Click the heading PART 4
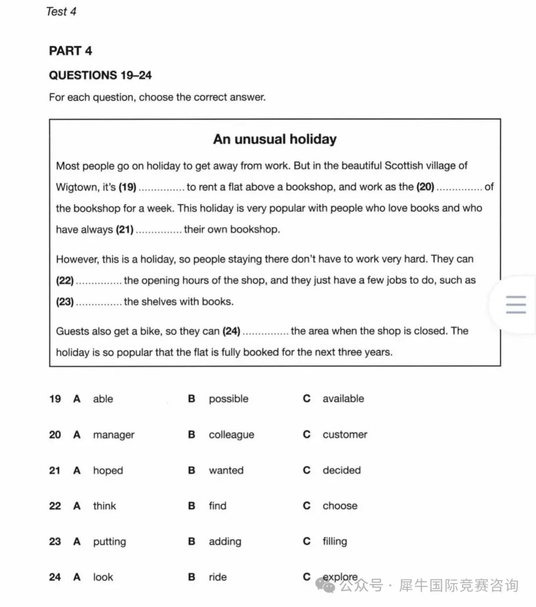pos(70,51)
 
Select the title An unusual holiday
pos(274,139)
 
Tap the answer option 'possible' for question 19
pos(228,399)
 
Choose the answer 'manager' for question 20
pos(113,435)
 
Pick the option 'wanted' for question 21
pos(226,471)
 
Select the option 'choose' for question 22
pos(339,506)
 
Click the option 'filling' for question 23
pos(335,541)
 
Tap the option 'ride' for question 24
pos(217,577)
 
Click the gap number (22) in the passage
pos(65,281)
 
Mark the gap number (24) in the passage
pos(231,331)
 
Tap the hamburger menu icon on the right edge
pos(516,305)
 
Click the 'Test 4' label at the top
pos(61,11)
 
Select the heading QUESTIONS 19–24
pos(100,75)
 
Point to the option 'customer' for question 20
pos(344,435)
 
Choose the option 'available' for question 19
pos(343,399)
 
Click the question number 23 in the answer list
pos(55,541)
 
